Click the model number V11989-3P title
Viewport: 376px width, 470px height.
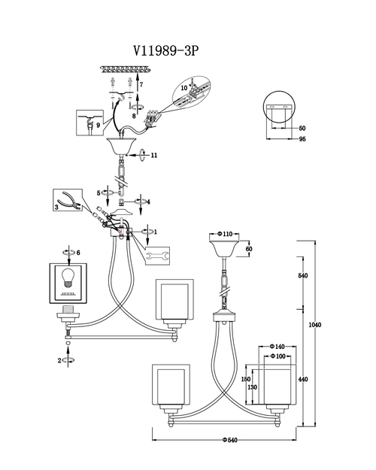165,50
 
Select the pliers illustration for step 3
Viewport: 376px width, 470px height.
69,199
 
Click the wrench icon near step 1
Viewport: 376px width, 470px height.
157,256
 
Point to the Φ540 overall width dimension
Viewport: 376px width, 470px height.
229,440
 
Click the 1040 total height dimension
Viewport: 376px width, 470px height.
315,325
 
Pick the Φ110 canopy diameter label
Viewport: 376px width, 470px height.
225,234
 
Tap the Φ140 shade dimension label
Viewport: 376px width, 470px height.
277,347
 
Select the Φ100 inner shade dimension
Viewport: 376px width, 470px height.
278,356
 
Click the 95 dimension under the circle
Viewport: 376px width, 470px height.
302,139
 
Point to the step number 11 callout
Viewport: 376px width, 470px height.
154,155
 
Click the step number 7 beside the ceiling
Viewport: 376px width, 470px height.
141,84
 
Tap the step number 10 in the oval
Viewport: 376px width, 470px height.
183,88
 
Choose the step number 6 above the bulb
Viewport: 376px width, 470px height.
78,253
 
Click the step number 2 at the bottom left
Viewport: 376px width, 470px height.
59,361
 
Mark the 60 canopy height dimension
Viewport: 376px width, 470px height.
249,249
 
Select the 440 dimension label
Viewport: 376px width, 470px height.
303,379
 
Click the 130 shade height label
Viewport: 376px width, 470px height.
253,387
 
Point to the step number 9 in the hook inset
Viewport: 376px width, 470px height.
98,126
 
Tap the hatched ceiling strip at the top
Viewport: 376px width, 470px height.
125,70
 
